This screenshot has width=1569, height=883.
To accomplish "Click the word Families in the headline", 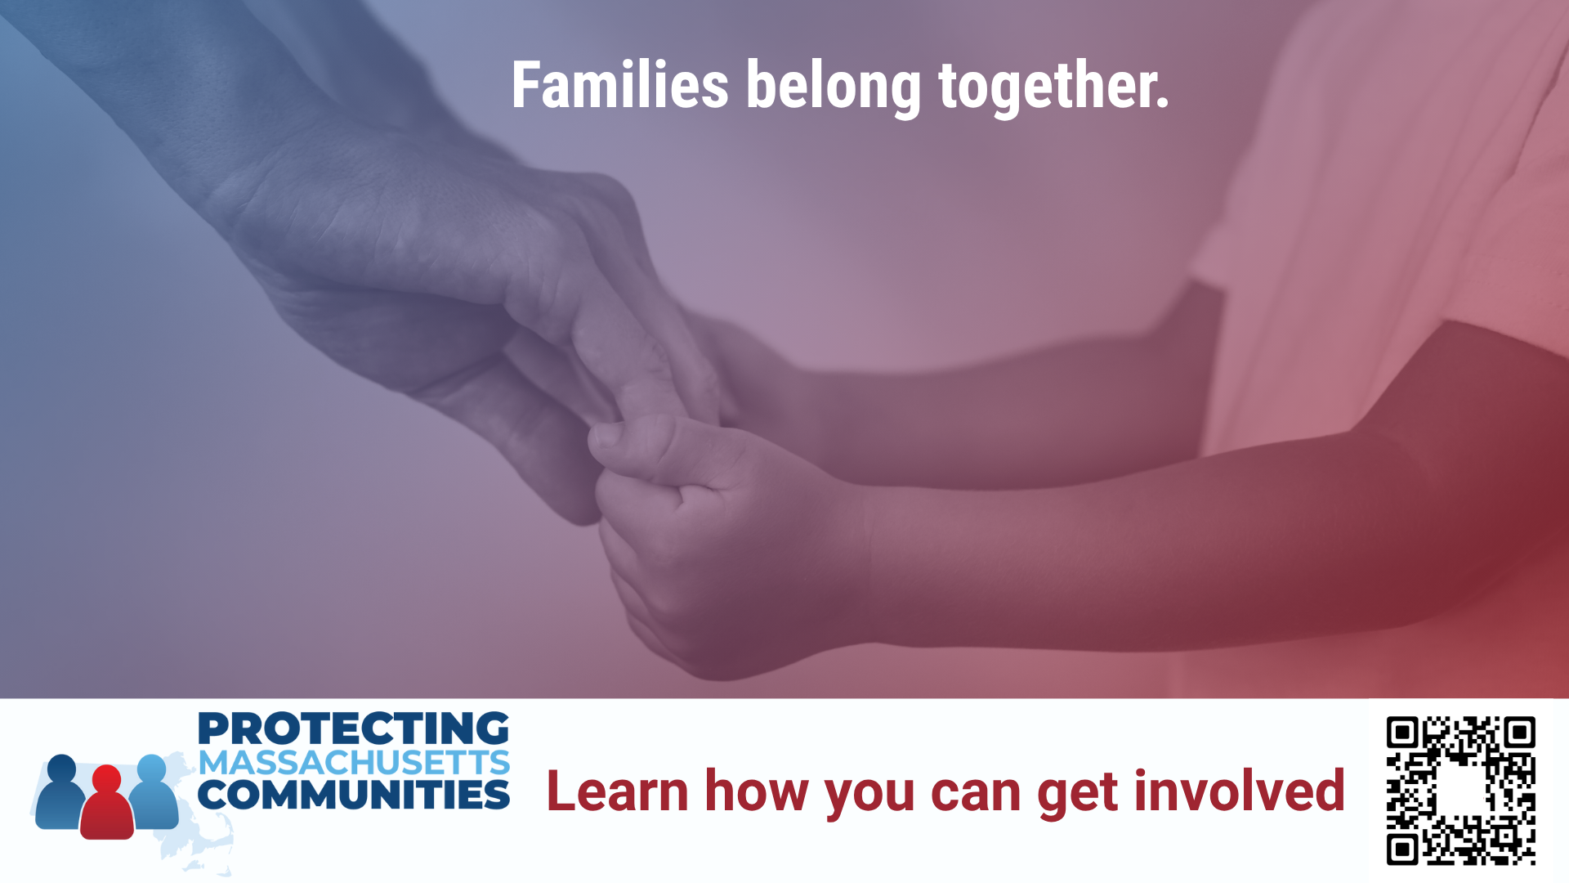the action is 620,84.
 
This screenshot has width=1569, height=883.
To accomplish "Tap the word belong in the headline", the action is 834,88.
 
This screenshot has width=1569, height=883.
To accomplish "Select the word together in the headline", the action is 1054,87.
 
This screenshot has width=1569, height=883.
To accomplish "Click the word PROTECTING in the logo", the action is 354,728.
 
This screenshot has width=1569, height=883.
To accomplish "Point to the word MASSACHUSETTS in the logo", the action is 354,763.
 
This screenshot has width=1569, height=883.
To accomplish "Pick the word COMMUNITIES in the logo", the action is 354,795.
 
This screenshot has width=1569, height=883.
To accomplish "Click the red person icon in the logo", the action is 107,802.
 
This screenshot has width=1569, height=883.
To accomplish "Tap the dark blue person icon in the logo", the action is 60,791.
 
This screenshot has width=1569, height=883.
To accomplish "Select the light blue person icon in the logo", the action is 153,791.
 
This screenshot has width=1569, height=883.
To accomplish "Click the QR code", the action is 1460,791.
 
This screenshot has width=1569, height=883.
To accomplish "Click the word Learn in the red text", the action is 617,791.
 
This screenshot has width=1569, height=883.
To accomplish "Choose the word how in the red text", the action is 757,791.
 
